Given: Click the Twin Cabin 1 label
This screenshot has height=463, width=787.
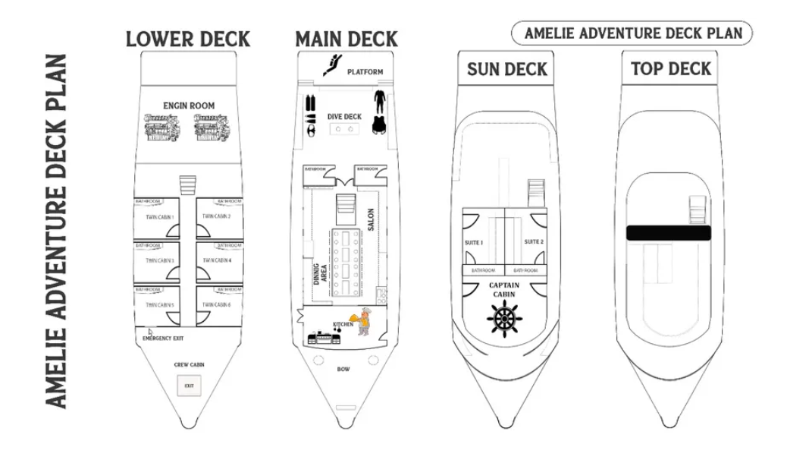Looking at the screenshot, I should (160, 218).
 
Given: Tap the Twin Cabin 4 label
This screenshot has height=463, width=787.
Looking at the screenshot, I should (216, 260).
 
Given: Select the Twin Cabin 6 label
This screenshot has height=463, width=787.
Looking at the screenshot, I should (216, 305).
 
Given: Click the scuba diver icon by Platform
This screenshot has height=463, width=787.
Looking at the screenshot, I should (332, 65).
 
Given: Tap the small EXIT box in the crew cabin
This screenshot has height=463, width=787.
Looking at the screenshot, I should (189, 386).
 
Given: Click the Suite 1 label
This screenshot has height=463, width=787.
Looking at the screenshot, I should (474, 242).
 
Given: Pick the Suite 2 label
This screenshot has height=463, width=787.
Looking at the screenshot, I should (534, 242).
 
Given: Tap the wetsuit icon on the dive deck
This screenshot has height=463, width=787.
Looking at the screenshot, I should (379, 112).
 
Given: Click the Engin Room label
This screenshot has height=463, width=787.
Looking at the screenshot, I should (189, 106).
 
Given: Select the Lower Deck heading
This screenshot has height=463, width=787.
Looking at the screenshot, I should (188, 39).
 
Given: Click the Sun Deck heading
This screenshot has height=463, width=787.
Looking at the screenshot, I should (506, 69).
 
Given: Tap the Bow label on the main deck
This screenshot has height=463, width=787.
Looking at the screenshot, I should (343, 370).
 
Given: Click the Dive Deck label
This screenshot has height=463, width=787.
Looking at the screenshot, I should (344, 117).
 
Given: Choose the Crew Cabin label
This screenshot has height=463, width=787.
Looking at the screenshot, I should (189, 365).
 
